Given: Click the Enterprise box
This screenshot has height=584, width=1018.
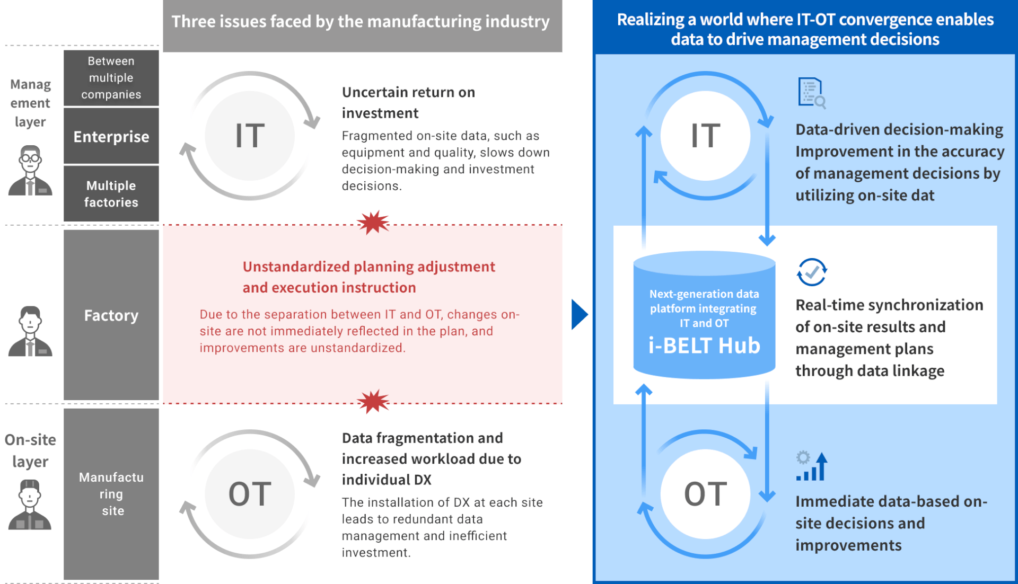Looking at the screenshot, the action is (111, 136).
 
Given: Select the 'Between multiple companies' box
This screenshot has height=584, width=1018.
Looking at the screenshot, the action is (111, 78).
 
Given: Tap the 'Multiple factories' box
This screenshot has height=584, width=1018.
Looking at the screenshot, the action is (111, 194).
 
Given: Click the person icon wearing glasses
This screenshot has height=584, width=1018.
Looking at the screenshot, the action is (30, 171).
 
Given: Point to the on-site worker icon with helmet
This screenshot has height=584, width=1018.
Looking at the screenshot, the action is (30, 505).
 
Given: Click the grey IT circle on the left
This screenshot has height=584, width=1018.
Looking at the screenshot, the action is (250, 136).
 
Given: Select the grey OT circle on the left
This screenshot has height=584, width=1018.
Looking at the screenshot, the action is (250, 494).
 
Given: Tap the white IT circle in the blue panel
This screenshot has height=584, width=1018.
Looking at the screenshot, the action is (705, 136).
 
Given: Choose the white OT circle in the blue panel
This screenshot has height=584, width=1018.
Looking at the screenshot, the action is (705, 494).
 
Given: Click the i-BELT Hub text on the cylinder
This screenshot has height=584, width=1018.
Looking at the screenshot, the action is (704, 346).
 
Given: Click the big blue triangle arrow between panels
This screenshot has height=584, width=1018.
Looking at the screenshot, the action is (580, 315).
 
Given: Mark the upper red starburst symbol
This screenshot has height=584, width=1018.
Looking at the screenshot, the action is (373, 223).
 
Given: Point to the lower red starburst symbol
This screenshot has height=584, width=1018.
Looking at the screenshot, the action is (373, 402).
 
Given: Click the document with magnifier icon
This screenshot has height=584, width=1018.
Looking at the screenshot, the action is (812, 93).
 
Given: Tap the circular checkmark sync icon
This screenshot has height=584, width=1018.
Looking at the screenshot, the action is (812, 272).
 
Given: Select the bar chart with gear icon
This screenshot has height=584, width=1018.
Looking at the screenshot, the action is (812, 466).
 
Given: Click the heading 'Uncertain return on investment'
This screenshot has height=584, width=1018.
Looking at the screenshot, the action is (408, 102).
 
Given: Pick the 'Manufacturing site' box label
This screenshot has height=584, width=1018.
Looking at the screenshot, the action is (111, 494).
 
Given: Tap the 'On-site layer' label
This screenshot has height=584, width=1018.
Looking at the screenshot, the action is (30, 450).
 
